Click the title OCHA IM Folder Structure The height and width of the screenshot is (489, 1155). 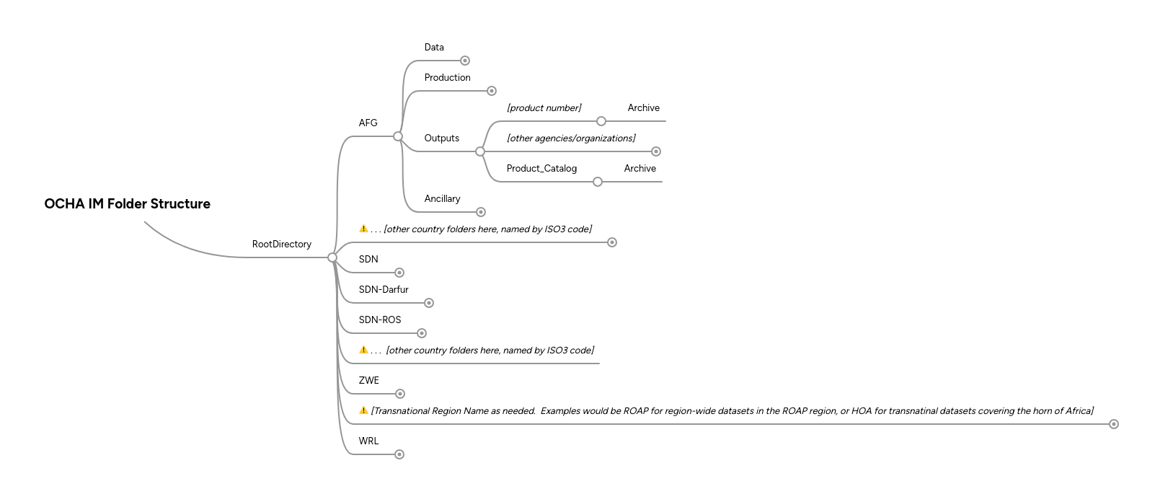click(x=127, y=204)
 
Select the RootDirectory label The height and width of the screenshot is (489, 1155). click(x=281, y=244)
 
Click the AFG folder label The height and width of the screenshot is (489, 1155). click(x=368, y=123)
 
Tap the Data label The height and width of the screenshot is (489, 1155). click(x=434, y=48)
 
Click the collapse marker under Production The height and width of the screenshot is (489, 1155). click(x=492, y=91)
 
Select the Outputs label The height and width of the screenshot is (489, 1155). click(x=441, y=138)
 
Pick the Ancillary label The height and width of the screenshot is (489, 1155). click(x=442, y=199)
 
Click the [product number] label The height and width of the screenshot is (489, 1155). click(x=544, y=108)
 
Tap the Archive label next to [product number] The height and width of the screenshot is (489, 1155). click(x=643, y=108)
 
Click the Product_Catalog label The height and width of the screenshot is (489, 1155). click(x=541, y=169)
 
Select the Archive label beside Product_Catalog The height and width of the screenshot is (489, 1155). click(x=640, y=169)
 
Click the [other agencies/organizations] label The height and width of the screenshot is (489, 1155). click(x=571, y=138)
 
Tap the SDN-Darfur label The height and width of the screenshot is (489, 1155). click(x=384, y=290)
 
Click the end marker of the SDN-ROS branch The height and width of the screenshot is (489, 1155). click(x=422, y=333)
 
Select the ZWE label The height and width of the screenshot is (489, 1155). click(x=368, y=381)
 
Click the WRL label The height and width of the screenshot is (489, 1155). click(x=368, y=441)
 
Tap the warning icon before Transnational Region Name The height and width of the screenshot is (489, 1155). click(x=363, y=410)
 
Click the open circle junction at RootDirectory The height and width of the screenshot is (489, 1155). click(x=332, y=257)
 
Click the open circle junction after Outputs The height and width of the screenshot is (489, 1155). click(x=480, y=151)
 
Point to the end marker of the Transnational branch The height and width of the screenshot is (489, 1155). click(x=1113, y=424)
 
